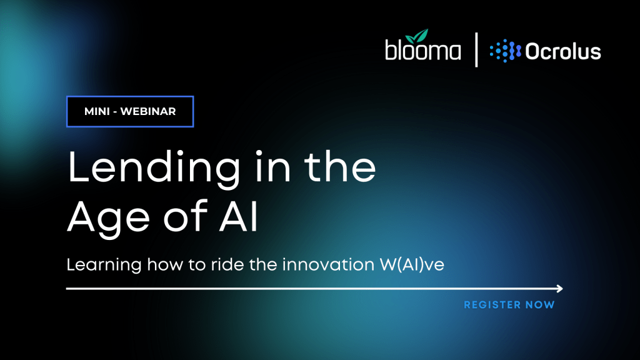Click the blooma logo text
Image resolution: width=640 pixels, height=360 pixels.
click(423, 49)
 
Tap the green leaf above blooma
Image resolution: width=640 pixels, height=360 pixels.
click(417, 36)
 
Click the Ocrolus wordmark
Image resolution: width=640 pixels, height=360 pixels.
click(563, 51)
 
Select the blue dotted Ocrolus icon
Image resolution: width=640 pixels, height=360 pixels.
click(505, 51)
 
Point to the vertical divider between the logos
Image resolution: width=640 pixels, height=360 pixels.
click(476, 50)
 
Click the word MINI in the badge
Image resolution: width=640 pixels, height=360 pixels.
click(97, 111)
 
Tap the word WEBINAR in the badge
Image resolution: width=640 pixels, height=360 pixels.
click(148, 111)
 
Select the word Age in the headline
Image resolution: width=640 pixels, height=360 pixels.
click(108, 218)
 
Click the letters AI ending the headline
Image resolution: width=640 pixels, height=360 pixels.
click(239, 216)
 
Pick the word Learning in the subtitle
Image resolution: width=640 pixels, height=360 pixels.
click(104, 265)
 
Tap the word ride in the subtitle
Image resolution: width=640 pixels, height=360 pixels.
click(227, 264)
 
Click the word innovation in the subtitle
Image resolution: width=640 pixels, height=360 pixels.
click(328, 264)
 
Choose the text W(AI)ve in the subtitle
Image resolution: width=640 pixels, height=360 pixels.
click(412, 265)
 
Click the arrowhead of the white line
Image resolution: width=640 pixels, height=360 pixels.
click(559, 289)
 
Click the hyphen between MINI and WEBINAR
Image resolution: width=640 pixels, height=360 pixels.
click(115, 112)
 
